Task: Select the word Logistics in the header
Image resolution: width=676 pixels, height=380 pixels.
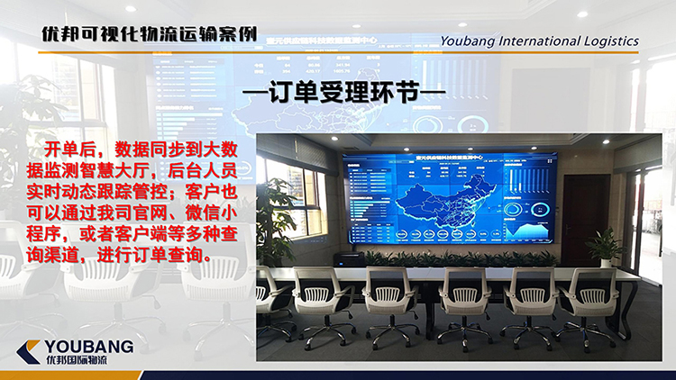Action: point(608,41)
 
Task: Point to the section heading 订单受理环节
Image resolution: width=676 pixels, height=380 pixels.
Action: point(339,95)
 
